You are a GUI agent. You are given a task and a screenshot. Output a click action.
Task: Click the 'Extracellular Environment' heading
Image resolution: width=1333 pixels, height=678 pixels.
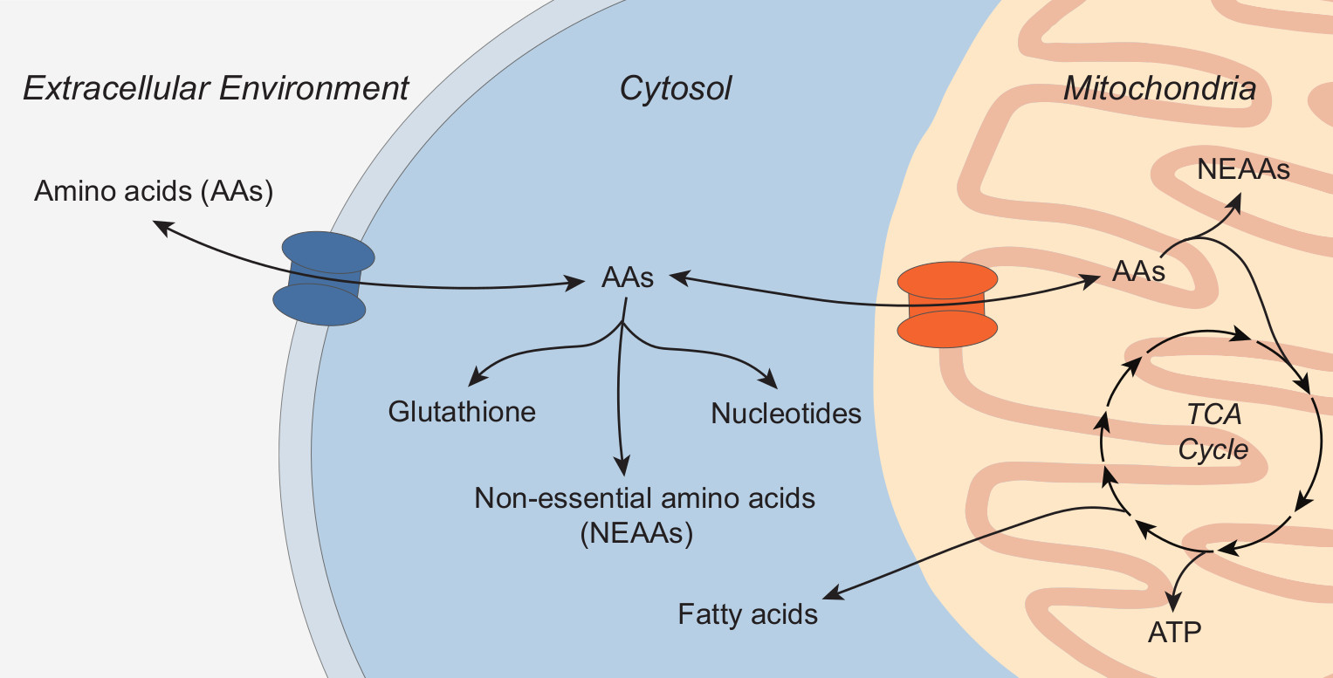tap(216, 89)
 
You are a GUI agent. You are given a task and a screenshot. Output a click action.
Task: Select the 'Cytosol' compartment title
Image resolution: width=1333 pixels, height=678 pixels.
tap(675, 89)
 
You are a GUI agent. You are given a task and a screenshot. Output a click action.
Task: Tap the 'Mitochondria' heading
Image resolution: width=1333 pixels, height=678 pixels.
tap(1159, 89)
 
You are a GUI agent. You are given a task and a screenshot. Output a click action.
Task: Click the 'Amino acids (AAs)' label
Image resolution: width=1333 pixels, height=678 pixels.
tap(154, 191)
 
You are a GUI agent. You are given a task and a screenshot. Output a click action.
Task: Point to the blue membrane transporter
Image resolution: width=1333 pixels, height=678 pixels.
tap(322, 278)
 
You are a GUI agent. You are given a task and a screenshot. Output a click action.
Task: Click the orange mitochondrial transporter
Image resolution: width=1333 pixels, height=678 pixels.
tap(947, 304)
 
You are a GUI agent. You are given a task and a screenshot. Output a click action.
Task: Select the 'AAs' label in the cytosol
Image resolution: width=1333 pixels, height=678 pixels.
tap(627, 278)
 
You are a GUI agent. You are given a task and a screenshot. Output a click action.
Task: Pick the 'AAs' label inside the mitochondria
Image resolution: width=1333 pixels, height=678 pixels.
tap(1138, 271)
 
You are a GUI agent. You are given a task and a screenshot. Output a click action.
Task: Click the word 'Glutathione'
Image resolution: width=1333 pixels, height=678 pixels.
tap(462, 411)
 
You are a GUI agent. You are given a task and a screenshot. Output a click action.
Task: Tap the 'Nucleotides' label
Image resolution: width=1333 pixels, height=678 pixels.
tap(786, 413)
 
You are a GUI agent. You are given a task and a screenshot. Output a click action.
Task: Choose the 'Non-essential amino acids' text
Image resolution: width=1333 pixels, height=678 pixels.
tap(644, 498)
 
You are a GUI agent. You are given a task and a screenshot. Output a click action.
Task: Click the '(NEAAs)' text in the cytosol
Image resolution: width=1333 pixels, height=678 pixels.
tap(636, 533)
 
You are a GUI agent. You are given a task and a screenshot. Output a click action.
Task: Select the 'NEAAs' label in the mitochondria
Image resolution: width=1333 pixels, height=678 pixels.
tap(1243, 169)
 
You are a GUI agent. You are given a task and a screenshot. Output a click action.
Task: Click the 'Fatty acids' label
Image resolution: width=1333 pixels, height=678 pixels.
tap(747, 614)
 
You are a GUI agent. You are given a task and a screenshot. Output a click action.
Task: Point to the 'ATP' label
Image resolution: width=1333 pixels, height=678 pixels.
tap(1174, 631)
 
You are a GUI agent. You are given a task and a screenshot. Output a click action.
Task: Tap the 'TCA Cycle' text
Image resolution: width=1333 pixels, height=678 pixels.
tap(1213, 433)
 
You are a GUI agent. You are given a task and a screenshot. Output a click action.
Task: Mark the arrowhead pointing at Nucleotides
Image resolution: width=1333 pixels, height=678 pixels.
tap(769, 380)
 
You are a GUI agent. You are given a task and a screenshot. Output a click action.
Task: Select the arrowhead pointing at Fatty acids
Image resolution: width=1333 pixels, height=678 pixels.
tap(833, 592)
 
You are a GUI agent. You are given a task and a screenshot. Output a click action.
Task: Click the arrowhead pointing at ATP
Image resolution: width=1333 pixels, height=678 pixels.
tap(1175, 601)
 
